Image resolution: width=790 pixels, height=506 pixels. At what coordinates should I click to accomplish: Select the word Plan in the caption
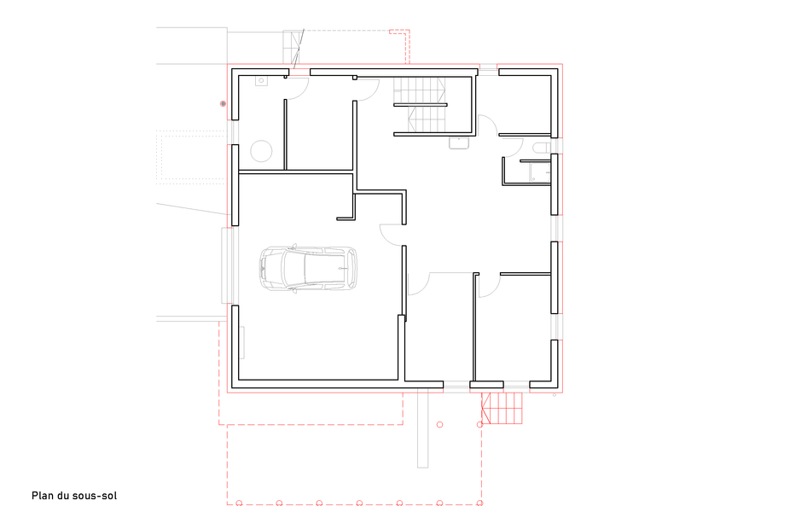[x=44, y=496]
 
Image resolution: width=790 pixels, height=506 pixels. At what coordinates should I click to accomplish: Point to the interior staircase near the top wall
[x=419, y=105]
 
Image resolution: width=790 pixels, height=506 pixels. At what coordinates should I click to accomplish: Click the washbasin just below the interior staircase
[x=458, y=142]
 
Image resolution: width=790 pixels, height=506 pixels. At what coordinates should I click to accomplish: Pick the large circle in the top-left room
[x=259, y=152]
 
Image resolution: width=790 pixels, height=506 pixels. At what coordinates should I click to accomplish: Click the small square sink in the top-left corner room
[x=260, y=82]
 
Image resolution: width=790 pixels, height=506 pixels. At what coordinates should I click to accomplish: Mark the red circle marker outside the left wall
[x=224, y=103]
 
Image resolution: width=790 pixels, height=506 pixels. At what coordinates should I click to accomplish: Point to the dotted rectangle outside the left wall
[x=194, y=156]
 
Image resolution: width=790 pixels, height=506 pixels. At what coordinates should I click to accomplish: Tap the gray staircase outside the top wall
[x=293, y=48]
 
